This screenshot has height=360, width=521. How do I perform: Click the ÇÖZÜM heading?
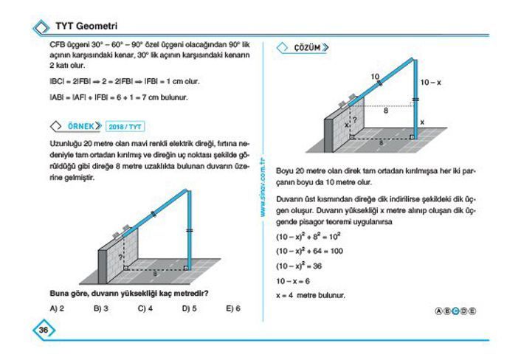click(307, 48)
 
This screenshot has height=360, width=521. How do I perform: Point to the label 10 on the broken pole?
click(375, 77)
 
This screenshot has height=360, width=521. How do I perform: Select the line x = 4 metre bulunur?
click(310, 295)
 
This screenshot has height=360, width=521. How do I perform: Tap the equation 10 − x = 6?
click(293, 280)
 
